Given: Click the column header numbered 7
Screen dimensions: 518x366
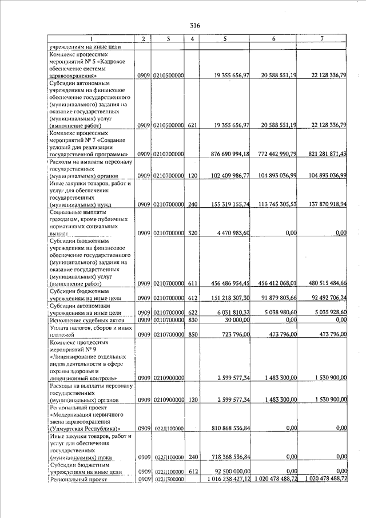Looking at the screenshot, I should coord(323,38).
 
